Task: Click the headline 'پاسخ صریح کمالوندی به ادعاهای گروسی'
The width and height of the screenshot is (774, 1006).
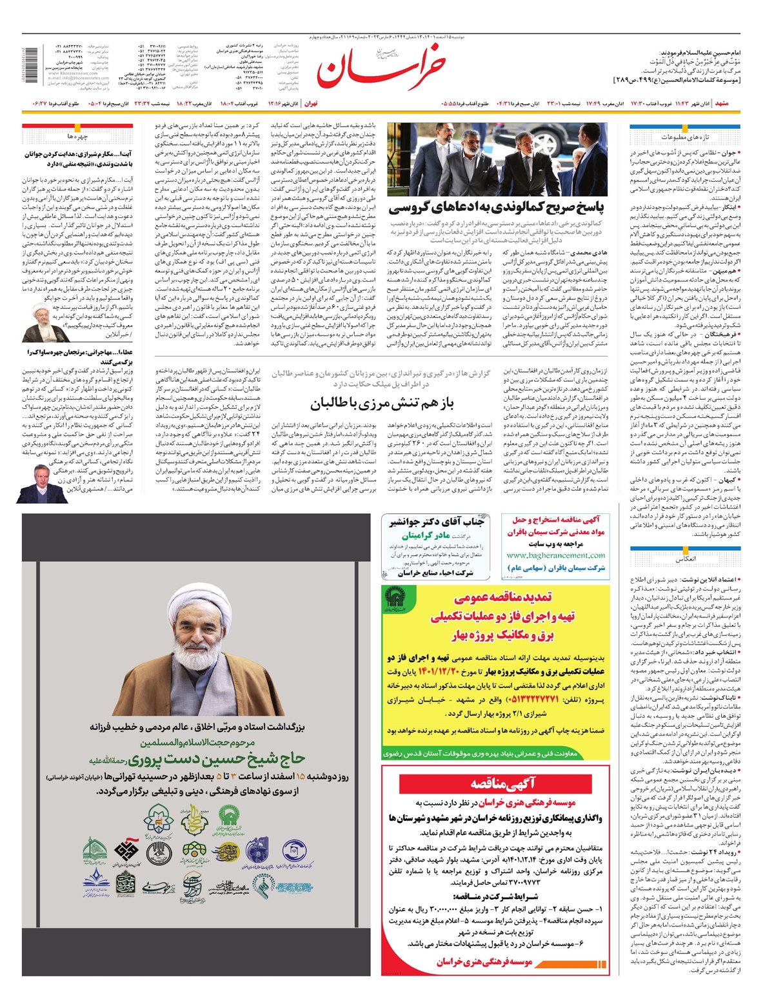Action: pyautogui.click(x=497, y=208)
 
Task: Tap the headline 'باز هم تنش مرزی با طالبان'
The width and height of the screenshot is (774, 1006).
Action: pyautogui.click(x=382, y=404)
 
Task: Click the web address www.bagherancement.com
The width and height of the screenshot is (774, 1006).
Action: pyautogui.click(x=556, y=555)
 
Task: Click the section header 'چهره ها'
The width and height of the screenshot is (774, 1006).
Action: pyautogui.click(x=77, y=137)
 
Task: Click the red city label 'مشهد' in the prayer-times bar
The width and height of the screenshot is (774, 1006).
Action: pyautogui.click(x=722, y=103)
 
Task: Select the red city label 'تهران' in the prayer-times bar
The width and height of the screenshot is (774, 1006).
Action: pyautogui.click(x=311, y=103)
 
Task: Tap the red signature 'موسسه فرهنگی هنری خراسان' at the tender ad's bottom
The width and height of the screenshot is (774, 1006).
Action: pyautogui.click(x=484, y=962)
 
